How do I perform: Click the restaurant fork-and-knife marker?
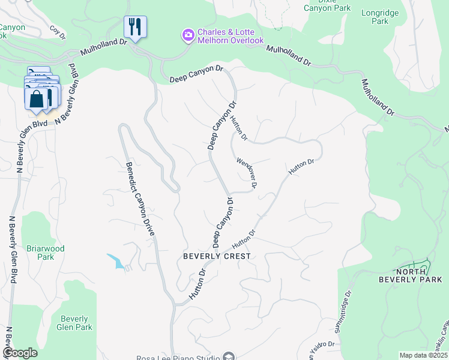pos(136,27)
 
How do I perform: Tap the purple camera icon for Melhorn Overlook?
pos(188,35)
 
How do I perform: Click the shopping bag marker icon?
pos(37,98)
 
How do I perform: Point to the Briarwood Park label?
pos(46,253)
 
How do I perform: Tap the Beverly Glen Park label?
pos(74,323)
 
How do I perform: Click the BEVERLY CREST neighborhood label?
pos(217,256)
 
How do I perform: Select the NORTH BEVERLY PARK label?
pos(410,275)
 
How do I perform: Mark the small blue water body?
pos(116,261)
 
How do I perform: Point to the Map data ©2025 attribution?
pos(423,355)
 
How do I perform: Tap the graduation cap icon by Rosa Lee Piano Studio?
pos(228,357)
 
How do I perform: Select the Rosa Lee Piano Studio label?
pos(185,356)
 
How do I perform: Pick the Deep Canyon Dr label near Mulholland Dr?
pos(196,74)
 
